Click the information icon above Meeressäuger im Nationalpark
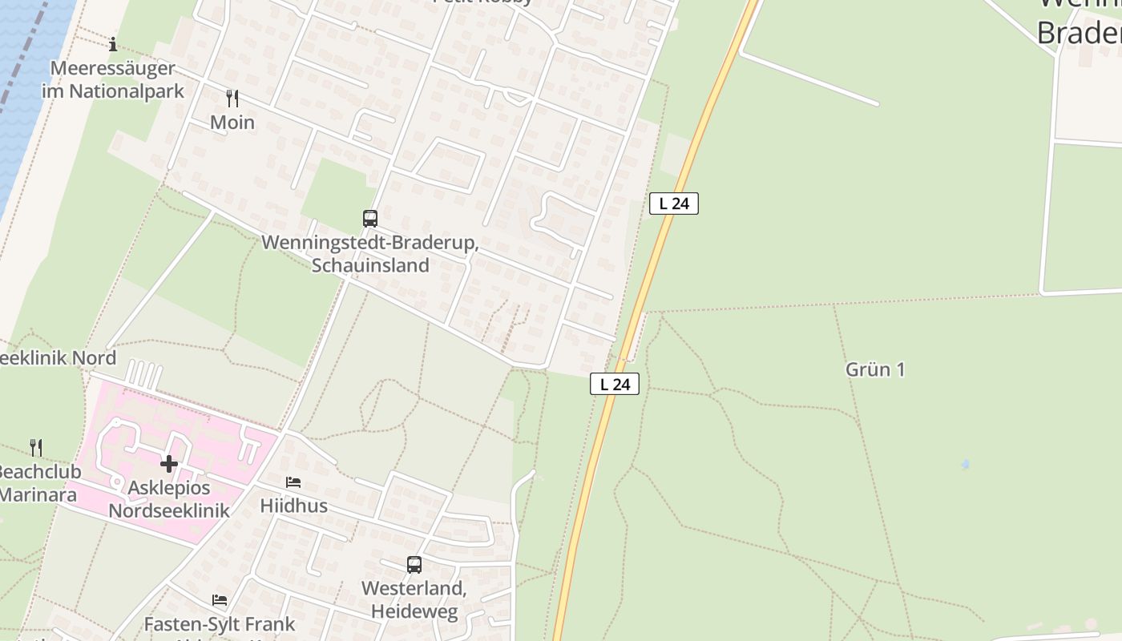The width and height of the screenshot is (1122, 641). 113,43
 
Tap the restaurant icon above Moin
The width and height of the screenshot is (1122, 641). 232,99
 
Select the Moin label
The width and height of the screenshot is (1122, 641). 232,123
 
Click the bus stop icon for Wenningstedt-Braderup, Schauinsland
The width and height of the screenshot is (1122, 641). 369,218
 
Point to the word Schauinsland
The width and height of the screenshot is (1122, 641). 370,265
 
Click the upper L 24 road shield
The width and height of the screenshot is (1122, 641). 673,204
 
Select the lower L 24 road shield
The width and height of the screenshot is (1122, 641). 615,384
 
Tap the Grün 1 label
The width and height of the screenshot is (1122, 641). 875,369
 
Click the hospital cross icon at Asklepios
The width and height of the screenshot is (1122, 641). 168,464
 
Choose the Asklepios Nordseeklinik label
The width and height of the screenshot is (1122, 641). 169,499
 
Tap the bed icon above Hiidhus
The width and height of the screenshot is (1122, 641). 293,482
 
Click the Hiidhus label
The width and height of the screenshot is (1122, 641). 293,506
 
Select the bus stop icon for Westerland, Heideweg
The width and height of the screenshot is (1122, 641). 414,564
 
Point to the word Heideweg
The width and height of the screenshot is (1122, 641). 414,612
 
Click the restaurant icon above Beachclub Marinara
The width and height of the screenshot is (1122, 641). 36,447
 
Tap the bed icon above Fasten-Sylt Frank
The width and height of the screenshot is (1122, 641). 219,600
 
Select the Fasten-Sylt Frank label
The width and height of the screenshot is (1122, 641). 219,623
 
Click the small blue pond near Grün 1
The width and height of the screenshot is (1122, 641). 965,464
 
